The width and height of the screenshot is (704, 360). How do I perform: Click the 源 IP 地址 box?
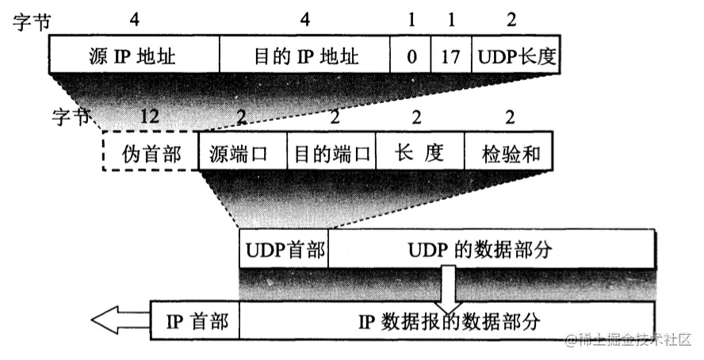point(133,56)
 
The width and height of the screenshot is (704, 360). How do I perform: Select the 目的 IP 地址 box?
point(304,56)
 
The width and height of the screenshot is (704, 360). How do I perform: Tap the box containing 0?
point(411,56)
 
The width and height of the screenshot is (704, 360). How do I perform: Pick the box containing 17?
point(452,56)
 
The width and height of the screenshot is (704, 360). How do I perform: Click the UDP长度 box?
point(511,56)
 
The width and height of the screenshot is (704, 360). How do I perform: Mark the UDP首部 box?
point(284,250)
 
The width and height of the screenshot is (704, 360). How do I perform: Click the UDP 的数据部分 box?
point(492,250)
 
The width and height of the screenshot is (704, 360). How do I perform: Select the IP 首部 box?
point(195,321)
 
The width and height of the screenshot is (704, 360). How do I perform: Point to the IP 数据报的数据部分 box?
point(448,321)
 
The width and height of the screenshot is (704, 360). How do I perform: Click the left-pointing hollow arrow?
point(119,320)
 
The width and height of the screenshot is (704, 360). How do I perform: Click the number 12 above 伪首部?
point(150,117)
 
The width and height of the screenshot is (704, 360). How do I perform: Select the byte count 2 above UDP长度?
point(511,20)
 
